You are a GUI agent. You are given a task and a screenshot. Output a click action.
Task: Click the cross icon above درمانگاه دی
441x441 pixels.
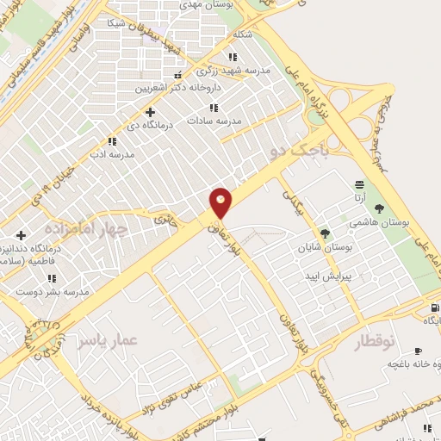[151, 112]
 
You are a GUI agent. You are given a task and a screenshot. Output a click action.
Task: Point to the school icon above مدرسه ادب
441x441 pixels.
[111, 140]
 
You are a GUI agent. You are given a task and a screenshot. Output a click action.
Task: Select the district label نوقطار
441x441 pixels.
[375, 342]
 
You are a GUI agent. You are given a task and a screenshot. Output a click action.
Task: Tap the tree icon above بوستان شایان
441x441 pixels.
[325, 233]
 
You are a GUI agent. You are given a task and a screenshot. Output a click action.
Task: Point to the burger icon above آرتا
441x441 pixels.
[358, 185]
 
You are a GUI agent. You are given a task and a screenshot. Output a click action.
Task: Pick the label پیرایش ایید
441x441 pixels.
[326, 276]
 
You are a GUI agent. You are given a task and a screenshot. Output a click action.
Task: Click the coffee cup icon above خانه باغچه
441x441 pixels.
[418, 351]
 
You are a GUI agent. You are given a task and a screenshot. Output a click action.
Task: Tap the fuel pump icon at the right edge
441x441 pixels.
[433, 307]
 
